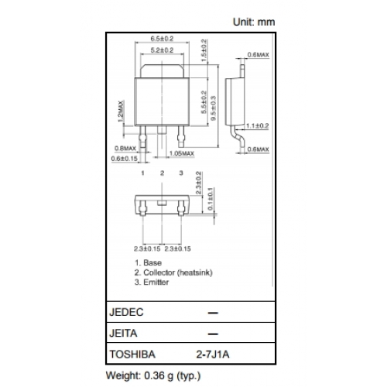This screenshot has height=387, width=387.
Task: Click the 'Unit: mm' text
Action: click(254, 22)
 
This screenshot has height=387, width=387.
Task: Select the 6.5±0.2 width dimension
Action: click(162, 39)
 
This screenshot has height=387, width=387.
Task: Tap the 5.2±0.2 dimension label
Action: click(162, 50)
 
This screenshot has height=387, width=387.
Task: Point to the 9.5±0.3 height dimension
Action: click(214, 108)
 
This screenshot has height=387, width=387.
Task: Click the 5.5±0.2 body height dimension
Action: click(204, 102)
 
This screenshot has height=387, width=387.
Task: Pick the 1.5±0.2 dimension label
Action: click(204, 50)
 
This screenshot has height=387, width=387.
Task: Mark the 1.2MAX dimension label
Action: click(121, 111)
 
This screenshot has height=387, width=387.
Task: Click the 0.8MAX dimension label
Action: click(125, 149)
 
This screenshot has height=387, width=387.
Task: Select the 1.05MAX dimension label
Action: click(182, 153)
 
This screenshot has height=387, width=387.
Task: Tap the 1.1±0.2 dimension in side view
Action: click(257, 126)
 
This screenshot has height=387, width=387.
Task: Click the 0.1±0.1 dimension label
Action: click(211, 199)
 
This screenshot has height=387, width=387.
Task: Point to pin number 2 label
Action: click(162, 173)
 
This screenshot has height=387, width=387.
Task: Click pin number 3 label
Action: click(181, 173)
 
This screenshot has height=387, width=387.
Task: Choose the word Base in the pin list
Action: click(152, 263)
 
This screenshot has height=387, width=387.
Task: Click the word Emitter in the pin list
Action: click(156, 282)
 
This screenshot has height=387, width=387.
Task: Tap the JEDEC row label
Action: click(126, 312)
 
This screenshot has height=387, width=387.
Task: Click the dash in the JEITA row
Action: click(213, 334)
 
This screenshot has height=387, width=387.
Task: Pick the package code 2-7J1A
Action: click(213, 354)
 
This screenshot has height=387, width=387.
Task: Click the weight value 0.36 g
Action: click(159, 375)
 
